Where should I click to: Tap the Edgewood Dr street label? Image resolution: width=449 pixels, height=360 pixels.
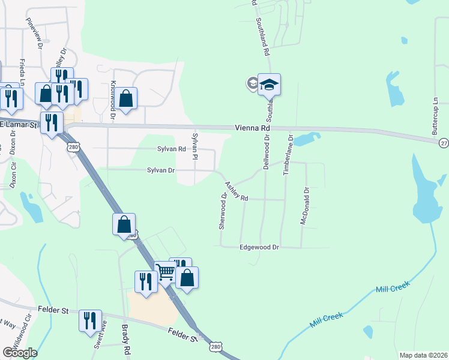coord(259,247)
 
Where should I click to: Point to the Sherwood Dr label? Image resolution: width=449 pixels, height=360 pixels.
coord(223,211)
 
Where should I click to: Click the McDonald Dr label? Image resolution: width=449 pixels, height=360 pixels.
coord(305,206)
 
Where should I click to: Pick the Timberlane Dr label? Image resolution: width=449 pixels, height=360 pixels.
coord(288,155)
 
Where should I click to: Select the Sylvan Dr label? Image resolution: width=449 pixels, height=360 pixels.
coord(161,170)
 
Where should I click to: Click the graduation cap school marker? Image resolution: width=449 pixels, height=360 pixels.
coord(270,85)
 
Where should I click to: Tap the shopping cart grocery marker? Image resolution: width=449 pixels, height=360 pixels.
coord(164,271)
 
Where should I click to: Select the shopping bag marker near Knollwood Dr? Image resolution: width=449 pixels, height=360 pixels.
coord(126,98)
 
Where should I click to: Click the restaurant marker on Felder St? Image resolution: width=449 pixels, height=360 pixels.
coord(90,320)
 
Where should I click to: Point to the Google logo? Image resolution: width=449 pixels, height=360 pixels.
coord(20,353)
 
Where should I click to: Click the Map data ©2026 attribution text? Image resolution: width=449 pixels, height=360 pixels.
coord(423,355)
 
